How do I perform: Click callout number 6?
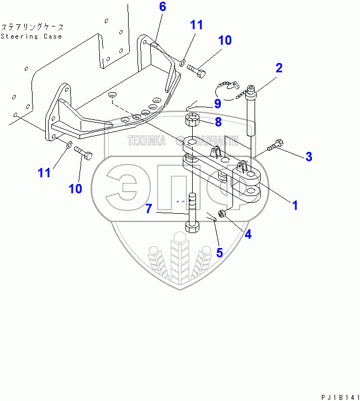tap(162, 7)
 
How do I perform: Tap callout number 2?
tap(279, 68)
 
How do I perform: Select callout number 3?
tap(309, 156)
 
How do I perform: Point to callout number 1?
tap(295, 205)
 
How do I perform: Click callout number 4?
tap(248, 234)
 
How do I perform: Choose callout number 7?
tap(149, 209)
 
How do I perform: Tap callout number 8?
tap(218, 121)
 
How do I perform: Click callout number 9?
tap(217, 103)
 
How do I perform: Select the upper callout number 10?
tap(224, 40)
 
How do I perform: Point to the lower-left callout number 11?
tap(44, 172)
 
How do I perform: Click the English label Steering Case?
tap(31, 36)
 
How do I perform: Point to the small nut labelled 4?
tap(221, 213)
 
